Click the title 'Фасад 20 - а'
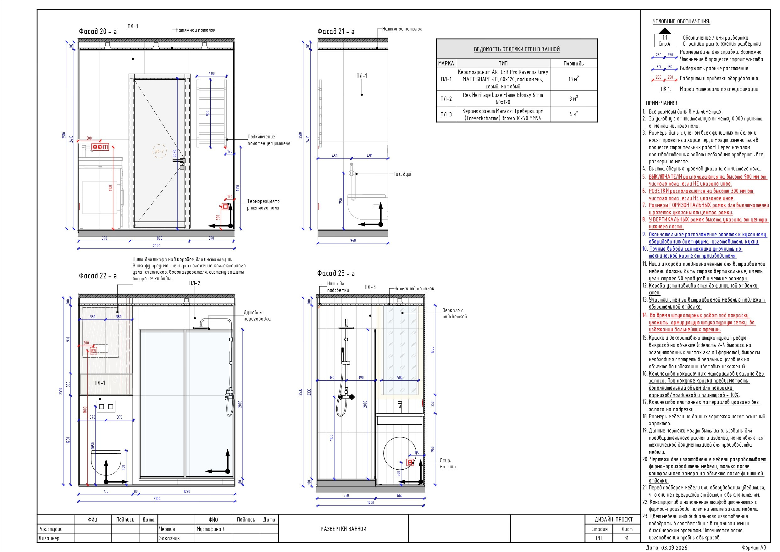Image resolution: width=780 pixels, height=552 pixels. click(97, 32)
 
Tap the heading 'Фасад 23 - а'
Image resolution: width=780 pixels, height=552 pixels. click(336, 273)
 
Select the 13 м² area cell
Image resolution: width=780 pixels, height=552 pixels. click(573, 79)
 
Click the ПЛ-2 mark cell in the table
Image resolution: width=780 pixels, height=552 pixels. click(446, 98)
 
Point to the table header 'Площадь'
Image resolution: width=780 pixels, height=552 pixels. click(573, 63)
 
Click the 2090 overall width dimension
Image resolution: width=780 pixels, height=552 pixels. click(156, 245)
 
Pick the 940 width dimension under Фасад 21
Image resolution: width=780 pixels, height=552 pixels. click(353, 240)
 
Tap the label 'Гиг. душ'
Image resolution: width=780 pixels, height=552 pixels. click(402, 174)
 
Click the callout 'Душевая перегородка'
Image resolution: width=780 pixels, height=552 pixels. click(257, 316)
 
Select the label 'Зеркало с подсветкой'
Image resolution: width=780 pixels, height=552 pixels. click(455, 313)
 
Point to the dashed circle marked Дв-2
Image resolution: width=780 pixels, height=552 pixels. click(159, 152)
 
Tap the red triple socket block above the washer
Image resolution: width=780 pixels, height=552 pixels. click(100, 147)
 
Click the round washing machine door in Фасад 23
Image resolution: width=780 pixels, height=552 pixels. click(400, 454)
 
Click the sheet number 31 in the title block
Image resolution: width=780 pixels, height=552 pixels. click(627, 538)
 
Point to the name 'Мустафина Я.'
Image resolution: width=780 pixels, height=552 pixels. click(211, 529)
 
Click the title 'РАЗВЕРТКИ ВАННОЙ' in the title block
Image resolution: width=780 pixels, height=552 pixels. click(343, 529)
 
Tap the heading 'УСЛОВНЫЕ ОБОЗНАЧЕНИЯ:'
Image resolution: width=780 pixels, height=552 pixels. click(682, 21)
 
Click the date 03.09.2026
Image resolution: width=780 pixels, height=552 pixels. click(676, 548)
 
